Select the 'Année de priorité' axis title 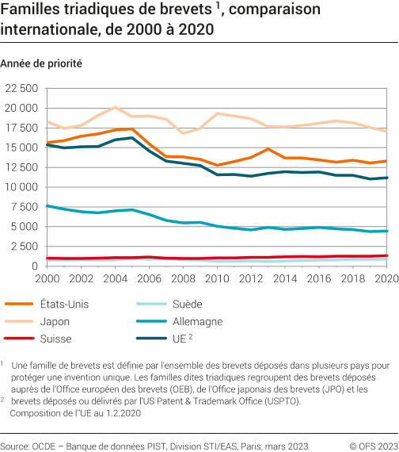click(x=42, y=62)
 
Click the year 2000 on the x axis click(x=47, y=279)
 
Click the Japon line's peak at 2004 click(x=116, y=107)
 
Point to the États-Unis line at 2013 click(x=268, y=149)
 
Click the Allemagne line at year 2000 click(x=48, y=206)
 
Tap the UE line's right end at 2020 click(x=386, y=178)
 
